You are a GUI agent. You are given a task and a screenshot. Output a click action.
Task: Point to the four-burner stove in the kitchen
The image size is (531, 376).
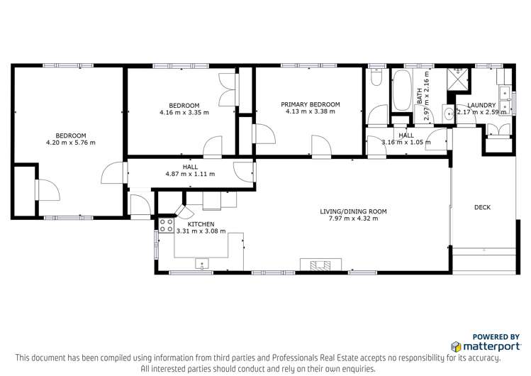[x=166, y=225]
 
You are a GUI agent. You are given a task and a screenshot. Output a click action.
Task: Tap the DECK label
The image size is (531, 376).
[x=483, y=207]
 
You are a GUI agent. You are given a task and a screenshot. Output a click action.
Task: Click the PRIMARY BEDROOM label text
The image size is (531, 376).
[x=310, y=104]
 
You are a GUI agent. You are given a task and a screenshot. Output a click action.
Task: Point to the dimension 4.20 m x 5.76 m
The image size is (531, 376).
[x=71, y=143]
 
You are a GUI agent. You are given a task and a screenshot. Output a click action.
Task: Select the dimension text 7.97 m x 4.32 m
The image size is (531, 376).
[x=348, y=219]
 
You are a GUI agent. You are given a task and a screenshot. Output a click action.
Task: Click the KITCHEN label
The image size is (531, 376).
[x=201, y=223]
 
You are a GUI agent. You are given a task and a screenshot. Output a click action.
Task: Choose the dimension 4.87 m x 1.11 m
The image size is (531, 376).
[x=190, y=174]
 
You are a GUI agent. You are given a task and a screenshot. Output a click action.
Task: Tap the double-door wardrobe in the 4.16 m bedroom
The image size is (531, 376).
[x=228, y=90]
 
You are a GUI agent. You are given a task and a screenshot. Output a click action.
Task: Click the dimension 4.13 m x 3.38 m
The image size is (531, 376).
[x=310, y=111]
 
